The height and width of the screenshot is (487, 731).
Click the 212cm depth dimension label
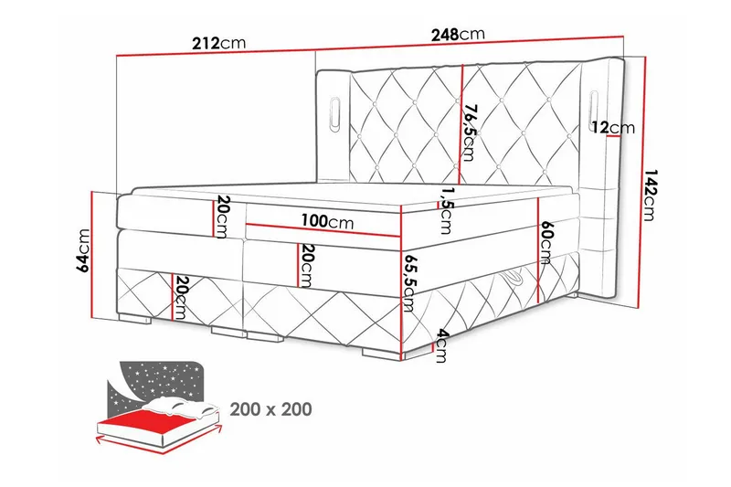pos(219,42)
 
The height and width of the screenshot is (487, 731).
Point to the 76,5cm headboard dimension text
pos(470,131)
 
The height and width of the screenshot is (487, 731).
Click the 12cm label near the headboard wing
pos(611,127)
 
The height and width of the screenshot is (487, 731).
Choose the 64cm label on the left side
pos(83,251)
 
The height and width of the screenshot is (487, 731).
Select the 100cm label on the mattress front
pos(326,222)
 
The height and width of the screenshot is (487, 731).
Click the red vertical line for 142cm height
pos(639,183)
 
